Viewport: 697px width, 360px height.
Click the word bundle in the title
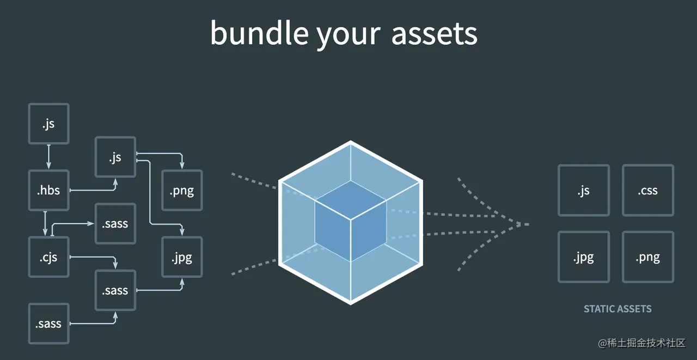click(259, 34)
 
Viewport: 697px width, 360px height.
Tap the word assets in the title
click(434, 34)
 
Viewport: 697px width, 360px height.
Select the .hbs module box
click(48, 191)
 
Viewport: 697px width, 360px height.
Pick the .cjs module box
click(48, 257)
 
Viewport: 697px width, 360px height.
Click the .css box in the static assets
click(648, 191)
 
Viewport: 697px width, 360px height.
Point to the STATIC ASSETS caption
click(617, 309)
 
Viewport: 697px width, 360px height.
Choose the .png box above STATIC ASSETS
click(648, 257)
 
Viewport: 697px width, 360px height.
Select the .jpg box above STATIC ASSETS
click(584, 257)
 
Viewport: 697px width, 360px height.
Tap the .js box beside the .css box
click(584, 191)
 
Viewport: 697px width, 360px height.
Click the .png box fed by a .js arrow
click(182, 191)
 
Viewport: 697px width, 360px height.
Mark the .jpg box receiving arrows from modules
click(182, 257)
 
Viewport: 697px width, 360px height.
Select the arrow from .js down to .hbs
click(48, 157)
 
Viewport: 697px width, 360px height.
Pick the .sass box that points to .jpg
click(115, 290)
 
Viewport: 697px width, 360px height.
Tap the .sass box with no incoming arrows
click(48, 324)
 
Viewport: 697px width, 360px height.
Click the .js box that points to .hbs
click(48, 124)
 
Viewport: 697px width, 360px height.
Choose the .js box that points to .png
click(115, 157)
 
